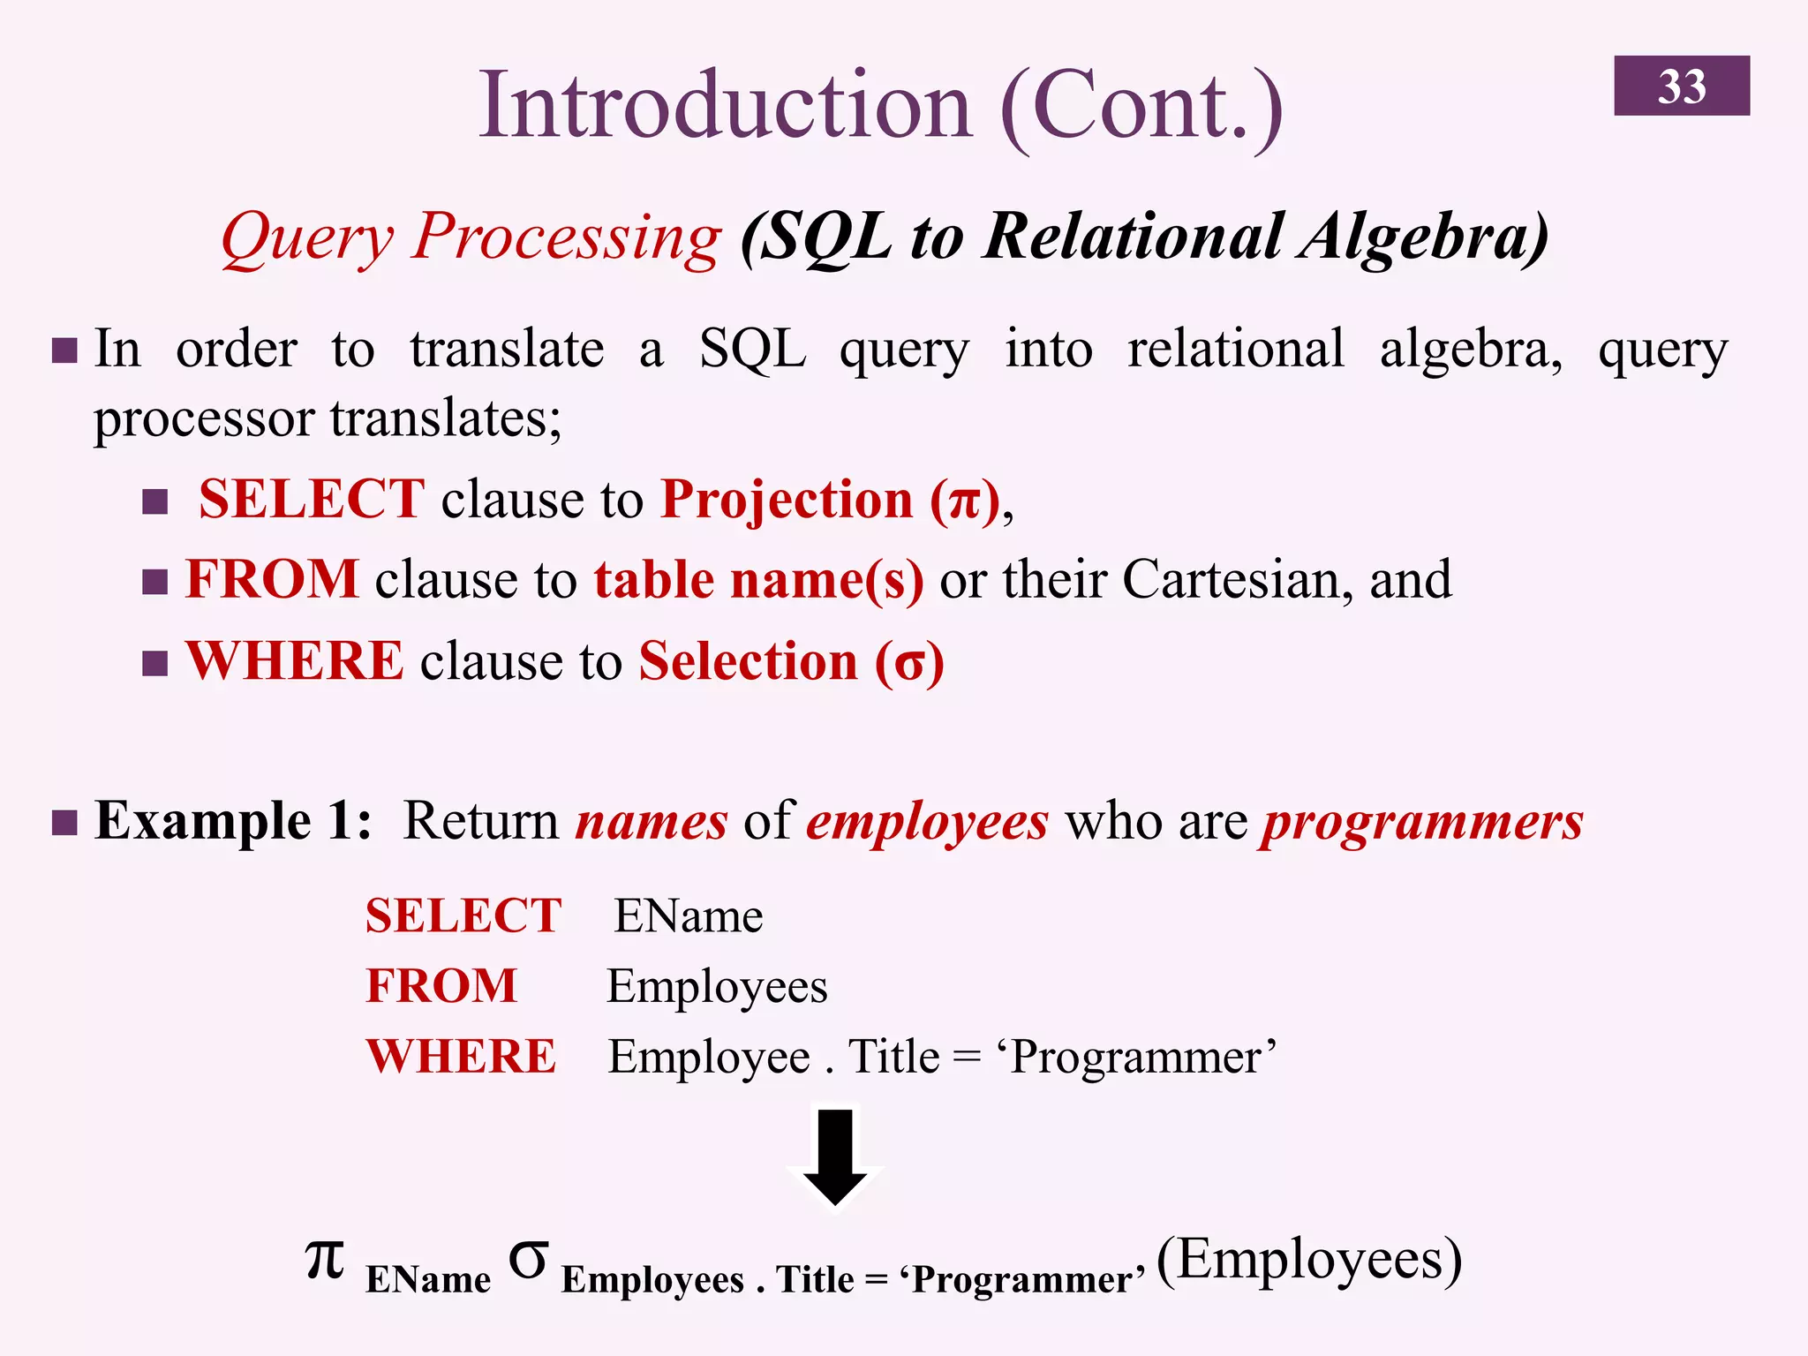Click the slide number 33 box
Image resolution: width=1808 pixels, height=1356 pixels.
pos(1681,86)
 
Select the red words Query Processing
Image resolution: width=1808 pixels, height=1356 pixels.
pos(471,238)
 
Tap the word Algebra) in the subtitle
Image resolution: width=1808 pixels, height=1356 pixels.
pos(1422,238)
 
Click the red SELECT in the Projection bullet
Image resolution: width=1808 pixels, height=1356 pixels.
pos(311,499)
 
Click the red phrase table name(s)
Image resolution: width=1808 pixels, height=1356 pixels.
pos(758,581)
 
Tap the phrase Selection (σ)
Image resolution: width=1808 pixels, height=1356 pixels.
pos(791,662)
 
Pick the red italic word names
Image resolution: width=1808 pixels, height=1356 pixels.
pos(652,822)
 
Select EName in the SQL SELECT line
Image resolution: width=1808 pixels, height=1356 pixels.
pos(688,916)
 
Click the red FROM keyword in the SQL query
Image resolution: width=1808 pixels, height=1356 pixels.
pos(441,986)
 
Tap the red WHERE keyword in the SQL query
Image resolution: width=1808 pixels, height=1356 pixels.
pos(461,1057)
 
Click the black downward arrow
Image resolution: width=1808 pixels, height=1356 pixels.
pos(835,1156)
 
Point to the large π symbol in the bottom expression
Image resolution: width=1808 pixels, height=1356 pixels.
pos(325,1260)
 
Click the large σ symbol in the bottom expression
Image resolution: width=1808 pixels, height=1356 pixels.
pos(528,1261)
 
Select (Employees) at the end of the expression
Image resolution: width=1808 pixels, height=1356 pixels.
pos(1308,1260)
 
